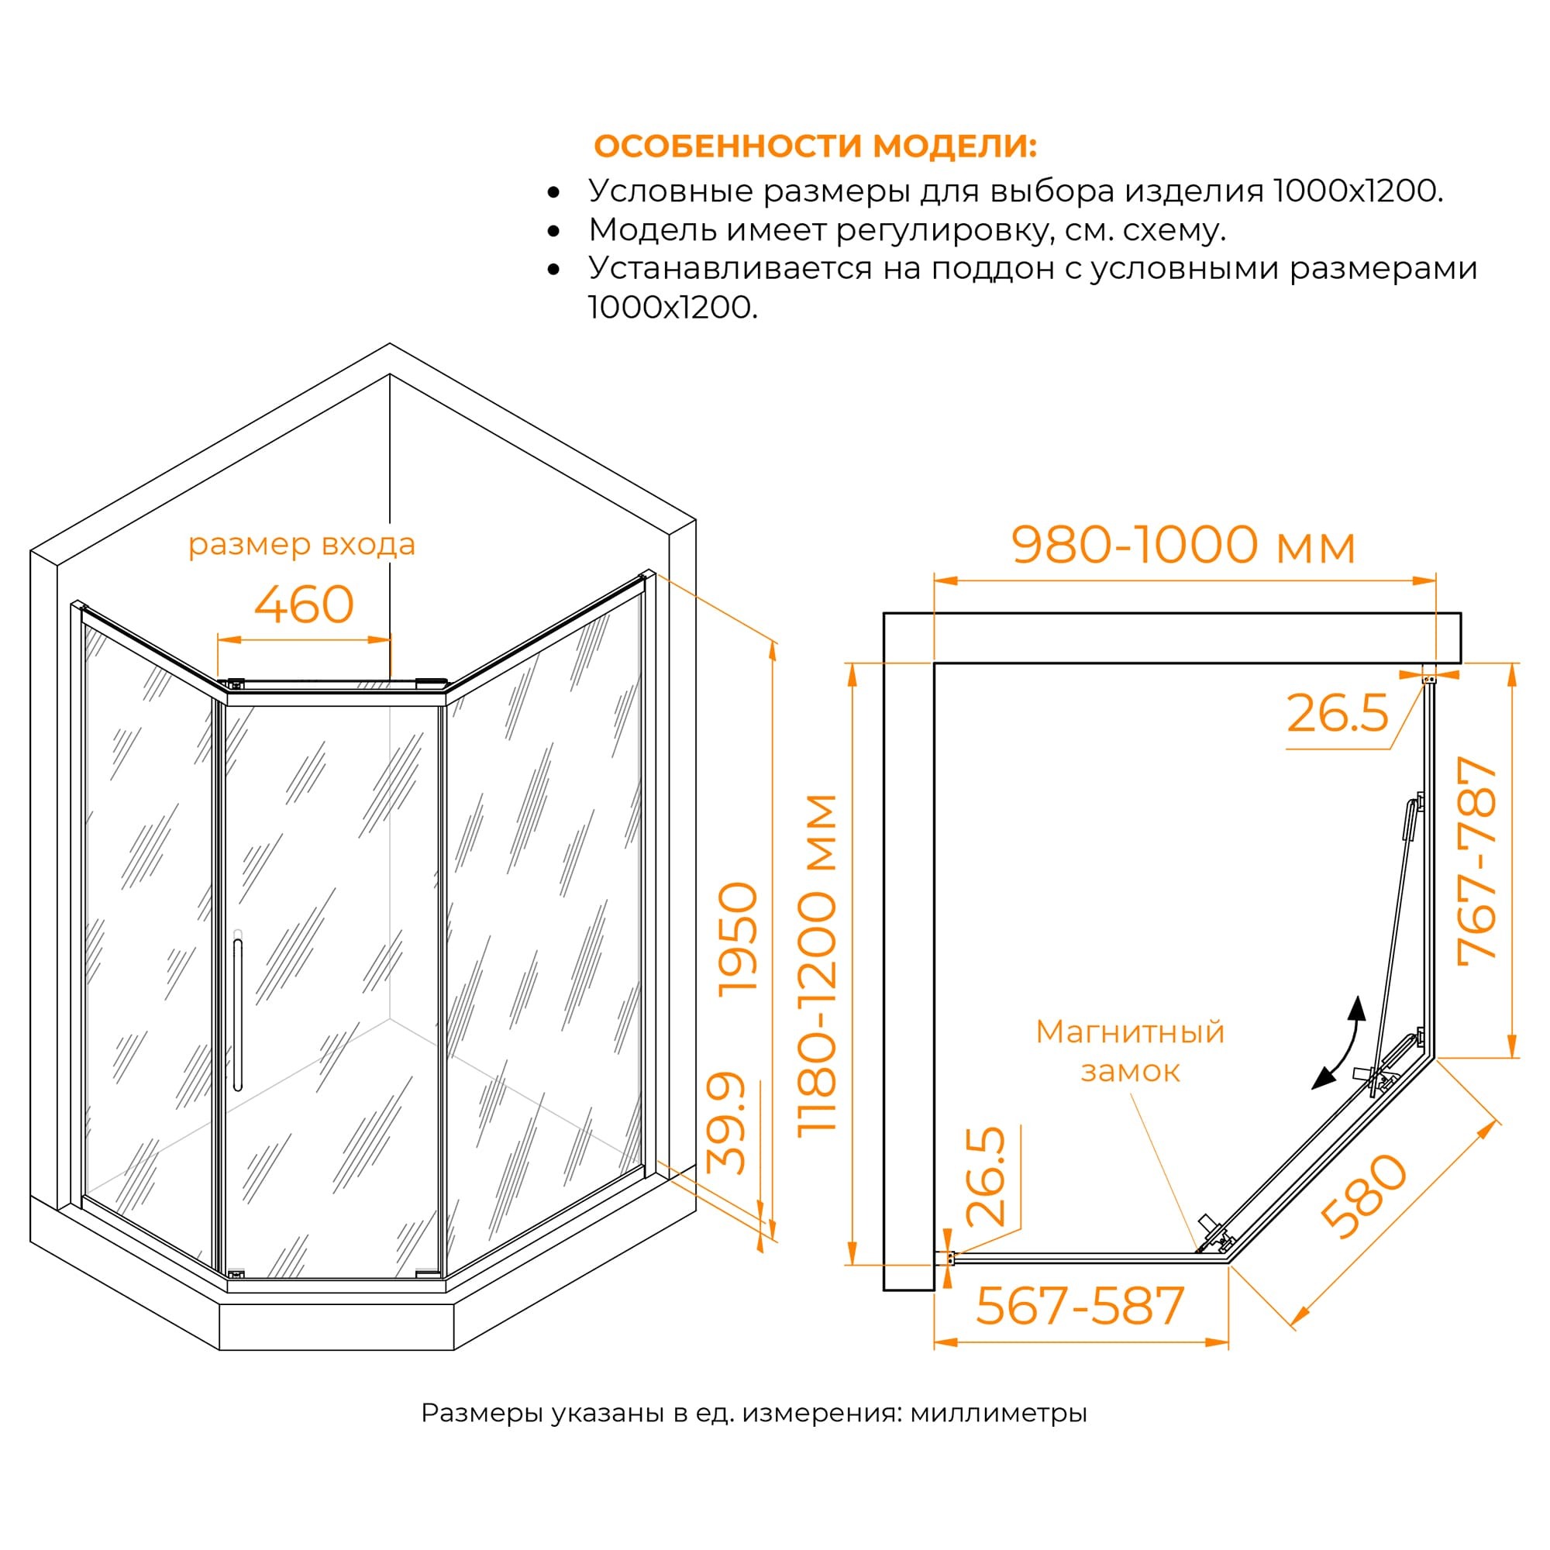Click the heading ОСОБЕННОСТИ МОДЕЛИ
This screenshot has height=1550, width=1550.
[815, 146]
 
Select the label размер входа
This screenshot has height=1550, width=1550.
[301, 545]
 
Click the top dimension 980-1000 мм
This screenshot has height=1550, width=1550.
[1183, 546]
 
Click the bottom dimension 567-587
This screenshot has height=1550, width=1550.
[1080, 1305]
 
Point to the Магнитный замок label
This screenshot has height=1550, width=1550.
[1130, 1051]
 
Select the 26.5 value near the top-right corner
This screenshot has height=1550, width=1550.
[1338, 712]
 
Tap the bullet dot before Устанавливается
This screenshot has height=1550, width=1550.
[553, 270]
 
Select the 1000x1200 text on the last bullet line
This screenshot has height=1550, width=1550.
[672, 307]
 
